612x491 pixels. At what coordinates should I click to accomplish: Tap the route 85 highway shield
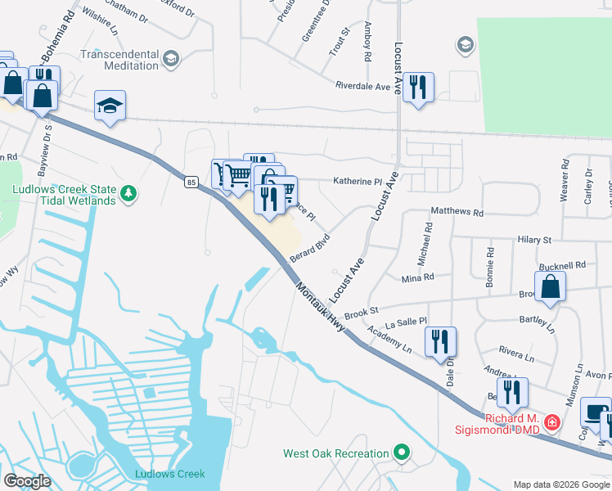191,181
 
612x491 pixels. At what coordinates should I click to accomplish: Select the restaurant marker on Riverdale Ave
418,87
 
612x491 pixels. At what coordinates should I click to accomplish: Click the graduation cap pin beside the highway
110,106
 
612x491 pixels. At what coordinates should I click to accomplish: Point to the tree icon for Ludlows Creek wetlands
128,193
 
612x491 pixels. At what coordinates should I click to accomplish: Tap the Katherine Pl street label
357,182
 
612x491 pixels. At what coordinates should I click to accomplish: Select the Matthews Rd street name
457,211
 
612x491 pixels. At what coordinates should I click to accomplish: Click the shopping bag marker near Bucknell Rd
551,288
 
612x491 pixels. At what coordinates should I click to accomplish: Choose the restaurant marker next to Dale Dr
440,340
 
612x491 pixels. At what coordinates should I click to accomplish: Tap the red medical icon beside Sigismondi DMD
553,423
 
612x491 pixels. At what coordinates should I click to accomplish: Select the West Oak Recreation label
335,453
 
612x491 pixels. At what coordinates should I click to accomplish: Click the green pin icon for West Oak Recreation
401,452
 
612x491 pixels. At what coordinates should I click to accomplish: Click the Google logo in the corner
27,481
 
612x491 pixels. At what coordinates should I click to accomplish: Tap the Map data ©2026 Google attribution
560,484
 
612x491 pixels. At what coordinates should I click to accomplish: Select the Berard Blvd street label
310,245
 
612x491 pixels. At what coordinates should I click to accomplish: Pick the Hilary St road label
534,240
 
